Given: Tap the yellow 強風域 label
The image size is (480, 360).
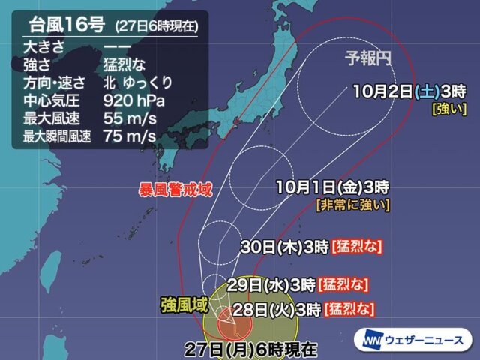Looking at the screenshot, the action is (x=179, y=304).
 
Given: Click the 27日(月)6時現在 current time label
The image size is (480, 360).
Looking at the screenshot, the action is (x=253, y=347).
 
